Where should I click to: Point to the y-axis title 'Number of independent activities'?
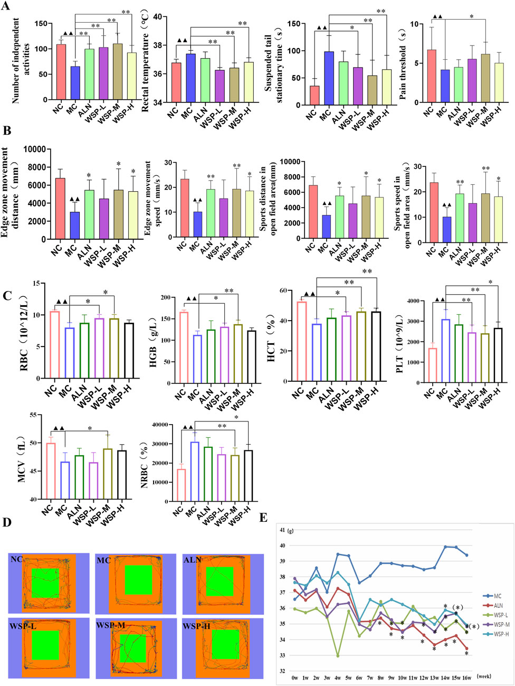[x=16, y=61]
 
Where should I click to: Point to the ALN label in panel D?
[x=192, y=560]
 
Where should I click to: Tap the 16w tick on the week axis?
[x=465, y=675]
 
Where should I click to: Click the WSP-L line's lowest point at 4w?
[x=338, y=655]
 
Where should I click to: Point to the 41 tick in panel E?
[x=283, y=530]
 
